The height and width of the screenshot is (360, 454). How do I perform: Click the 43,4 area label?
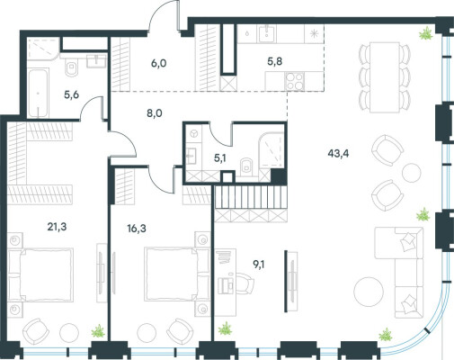point(338,154)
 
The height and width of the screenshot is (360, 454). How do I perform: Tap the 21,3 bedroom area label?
point(57,227)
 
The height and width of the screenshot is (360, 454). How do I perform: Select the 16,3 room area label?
point(137,229)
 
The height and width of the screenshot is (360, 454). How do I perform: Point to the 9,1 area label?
point(259,265)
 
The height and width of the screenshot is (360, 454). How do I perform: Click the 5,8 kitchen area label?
point(275,61)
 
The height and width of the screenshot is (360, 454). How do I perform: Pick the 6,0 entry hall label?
point(159,64)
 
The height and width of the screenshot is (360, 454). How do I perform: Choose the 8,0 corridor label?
point(155,113)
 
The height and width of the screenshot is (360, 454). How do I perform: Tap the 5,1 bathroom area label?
point(219,158)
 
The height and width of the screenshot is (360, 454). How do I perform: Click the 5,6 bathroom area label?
point(71,94)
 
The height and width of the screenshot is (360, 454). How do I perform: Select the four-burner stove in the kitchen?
point(295,81)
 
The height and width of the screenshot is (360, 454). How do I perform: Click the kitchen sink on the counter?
point(267,33)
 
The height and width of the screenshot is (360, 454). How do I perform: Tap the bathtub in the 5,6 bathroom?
point(38,93)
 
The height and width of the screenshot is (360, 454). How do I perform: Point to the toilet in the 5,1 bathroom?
point(246,166)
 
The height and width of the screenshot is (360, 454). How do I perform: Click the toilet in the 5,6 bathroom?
point(71,68)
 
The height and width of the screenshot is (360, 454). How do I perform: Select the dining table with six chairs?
point(385,77)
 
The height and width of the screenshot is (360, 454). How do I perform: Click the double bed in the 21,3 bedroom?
point(40,274)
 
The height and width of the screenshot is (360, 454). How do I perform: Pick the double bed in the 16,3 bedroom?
point(176,274)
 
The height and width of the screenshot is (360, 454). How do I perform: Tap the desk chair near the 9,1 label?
point(245,284)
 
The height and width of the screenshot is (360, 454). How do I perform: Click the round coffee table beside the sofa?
point(369,291)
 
